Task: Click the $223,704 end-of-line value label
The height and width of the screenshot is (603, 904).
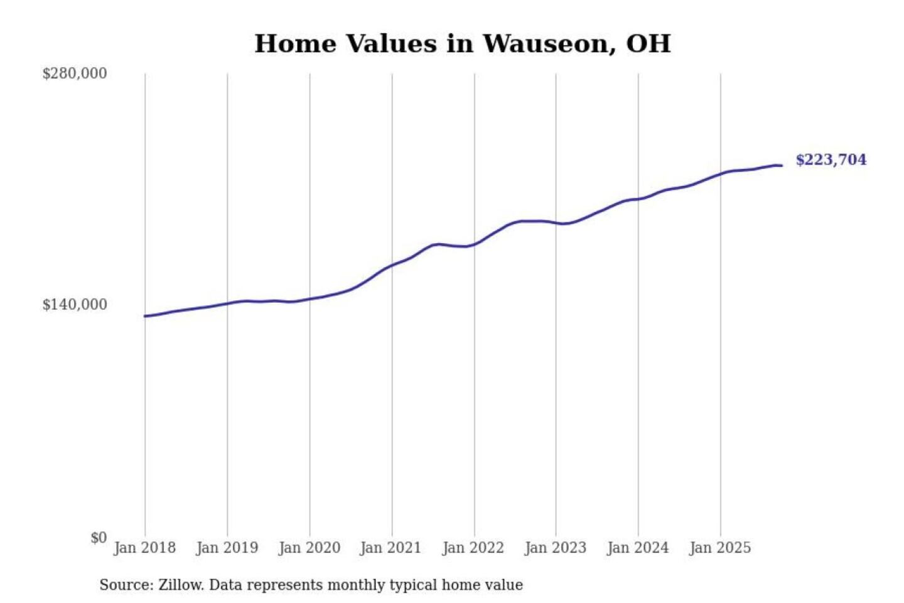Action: (x=831, y=160)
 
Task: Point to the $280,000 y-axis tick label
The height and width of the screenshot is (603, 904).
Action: (x=75, y=73)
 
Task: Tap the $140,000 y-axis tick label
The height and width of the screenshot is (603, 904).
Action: (x=75, y=305)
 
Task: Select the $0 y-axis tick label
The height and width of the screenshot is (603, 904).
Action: (x=99, y=538)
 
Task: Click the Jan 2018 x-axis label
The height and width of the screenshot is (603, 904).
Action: (x=144, y=548)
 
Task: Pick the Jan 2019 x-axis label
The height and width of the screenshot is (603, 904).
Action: (x=227, y=548)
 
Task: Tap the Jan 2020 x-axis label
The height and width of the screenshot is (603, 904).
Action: (x=309, y=548)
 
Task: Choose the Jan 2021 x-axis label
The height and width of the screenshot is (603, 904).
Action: (x=390, y=548)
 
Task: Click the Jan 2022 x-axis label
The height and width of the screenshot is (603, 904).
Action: (x=473, y=548)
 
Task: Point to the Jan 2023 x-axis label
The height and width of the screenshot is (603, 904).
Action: (x=555, y=548)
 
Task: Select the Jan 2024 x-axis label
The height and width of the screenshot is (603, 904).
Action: (x=637, y=548)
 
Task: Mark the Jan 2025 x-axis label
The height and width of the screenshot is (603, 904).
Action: (x=719, y=548)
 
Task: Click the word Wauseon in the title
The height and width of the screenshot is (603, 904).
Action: (x=549, y=44)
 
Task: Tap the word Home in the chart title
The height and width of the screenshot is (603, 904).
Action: (x=295, y=44)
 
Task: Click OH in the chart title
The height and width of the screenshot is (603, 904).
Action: (x=648, y=44)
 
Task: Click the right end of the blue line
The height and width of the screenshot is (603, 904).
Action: (x=782, y=165)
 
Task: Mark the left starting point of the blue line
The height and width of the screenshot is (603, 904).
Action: (x=145, y=316)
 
